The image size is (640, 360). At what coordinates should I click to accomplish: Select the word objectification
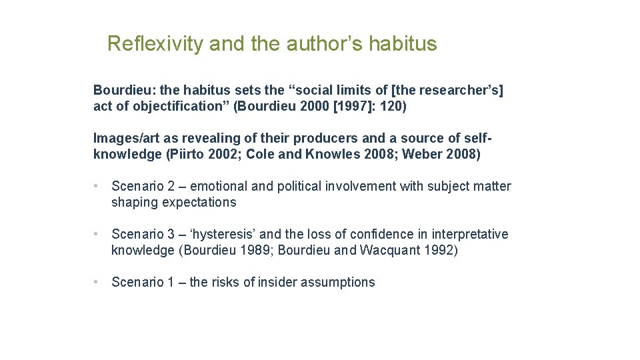coord(168,106)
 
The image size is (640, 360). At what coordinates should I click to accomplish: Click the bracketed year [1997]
coord(347,106)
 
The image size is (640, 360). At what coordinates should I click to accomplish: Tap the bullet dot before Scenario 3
coord(97,234)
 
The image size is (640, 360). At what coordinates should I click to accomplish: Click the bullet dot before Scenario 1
coord(97,282)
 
